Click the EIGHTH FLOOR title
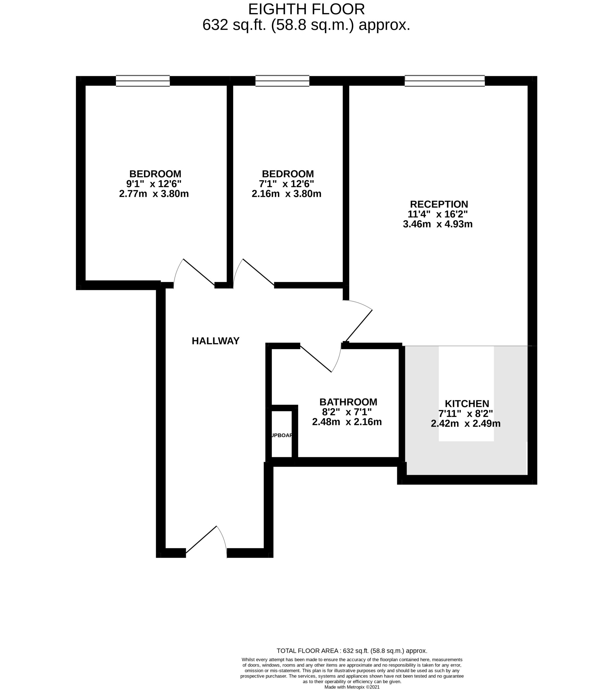point(306,9)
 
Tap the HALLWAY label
point(215,341)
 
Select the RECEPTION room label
point(439,204)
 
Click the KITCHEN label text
point(467,403)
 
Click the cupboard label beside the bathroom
point(281,436)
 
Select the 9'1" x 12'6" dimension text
point(154,184)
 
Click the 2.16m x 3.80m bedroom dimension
point(286,194)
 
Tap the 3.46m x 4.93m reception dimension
point(438,224)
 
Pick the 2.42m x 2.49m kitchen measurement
point(466,423)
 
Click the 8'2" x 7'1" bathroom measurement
point(347,412)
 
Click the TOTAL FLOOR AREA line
point(352,650)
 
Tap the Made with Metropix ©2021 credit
point(352,687)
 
